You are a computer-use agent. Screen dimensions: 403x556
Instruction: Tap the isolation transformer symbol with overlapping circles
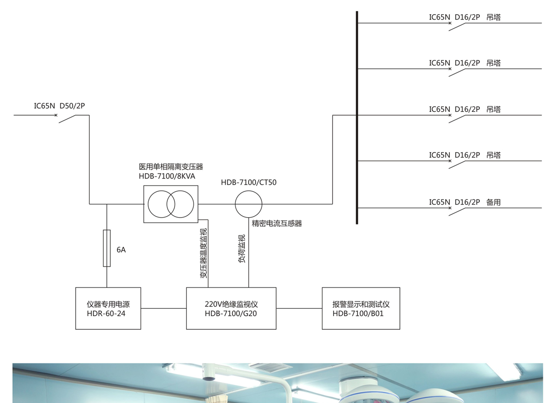(x=171, y=204)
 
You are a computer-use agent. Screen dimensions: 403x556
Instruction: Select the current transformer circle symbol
(x=249, y=204)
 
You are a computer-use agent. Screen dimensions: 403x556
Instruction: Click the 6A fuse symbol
(x=107, y=248)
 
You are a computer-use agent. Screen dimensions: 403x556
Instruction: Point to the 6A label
(x=121, y=250)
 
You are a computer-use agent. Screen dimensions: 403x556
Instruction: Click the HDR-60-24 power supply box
(x=108, y=308)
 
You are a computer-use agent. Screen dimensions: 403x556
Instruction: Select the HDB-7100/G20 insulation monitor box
(x=231, y=308)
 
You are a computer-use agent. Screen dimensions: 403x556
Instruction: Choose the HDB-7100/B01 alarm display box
(x=361, y=308)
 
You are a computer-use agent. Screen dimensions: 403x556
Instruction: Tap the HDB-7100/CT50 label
(x=249, y=182)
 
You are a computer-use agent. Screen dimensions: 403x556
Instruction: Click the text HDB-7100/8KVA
(x=167, y=176)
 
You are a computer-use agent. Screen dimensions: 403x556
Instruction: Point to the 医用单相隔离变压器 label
(x=171, y=167)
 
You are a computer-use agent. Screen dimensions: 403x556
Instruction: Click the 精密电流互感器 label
(x=277, y=223)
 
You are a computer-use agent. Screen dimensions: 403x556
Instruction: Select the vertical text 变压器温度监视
(x=204, y=253)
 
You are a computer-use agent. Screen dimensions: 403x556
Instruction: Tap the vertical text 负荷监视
(x=242, y=249)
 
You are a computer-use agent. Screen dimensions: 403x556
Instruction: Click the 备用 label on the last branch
(x=494, y=202)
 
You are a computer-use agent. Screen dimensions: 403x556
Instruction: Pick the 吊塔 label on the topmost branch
(x=494, y=17)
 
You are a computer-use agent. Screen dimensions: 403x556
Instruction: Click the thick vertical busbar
(x=357, y=117)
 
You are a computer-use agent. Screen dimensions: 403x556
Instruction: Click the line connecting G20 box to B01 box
(x=299, y=308)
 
